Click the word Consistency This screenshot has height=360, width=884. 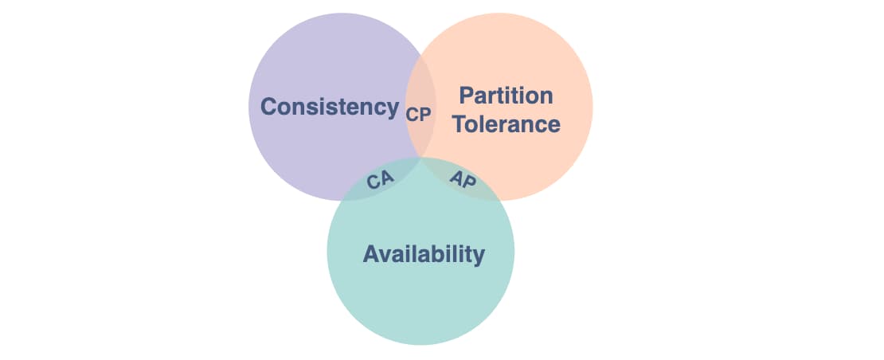330,107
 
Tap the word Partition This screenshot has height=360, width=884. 506,96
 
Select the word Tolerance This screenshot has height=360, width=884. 507,124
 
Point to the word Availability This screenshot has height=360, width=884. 424,254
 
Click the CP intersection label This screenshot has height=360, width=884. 418,115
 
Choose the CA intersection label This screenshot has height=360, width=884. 381,180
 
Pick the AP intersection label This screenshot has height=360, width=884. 463,179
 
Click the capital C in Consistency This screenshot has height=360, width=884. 269,107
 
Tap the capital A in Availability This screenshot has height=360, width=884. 371,254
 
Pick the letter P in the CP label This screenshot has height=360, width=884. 425,115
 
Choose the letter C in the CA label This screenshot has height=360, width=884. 374,182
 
